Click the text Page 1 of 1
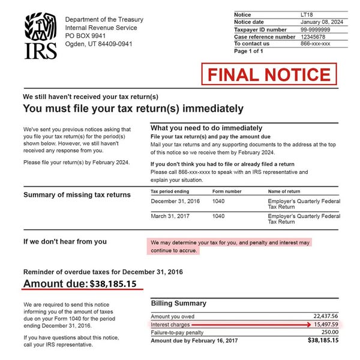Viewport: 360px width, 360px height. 248,51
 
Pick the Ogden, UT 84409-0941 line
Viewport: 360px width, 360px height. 98,44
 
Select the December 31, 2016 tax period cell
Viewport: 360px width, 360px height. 175,201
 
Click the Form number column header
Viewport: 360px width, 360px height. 227,191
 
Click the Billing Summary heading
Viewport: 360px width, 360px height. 178,304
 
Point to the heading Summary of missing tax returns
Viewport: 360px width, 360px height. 77,194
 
